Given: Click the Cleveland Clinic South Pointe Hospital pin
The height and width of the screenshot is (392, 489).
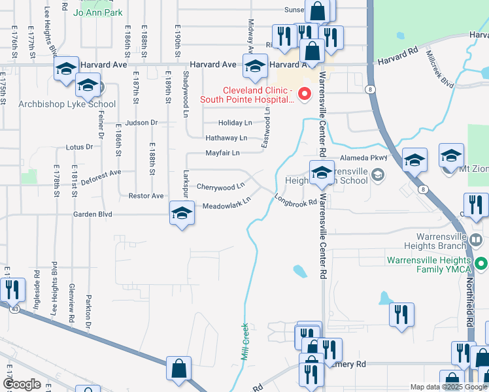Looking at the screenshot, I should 304,95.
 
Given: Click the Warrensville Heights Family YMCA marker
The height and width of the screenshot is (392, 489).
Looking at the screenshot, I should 482,264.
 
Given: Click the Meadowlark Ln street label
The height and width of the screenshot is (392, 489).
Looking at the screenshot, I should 227,204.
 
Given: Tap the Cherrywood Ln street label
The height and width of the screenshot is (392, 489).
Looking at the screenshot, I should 220,187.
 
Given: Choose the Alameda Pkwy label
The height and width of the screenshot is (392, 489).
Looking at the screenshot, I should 369,157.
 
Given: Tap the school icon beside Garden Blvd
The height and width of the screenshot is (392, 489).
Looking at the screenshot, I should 182,213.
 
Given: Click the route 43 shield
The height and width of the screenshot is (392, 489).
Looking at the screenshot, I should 14,309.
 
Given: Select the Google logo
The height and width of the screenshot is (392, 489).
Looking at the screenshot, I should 22,384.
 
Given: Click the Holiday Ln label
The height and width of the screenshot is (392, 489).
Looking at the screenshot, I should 235,123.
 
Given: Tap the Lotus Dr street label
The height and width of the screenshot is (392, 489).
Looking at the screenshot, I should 80,148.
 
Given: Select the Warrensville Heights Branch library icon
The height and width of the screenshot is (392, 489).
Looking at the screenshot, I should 477,240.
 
